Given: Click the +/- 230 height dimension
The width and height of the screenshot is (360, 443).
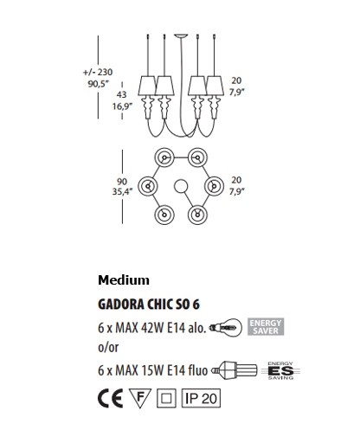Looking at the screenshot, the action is coord(98,72).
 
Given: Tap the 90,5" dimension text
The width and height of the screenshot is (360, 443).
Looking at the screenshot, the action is coord(99,84).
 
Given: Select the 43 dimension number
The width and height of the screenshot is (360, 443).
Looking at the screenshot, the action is coord(122,94).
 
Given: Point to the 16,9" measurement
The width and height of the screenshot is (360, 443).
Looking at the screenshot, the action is coord(122,106).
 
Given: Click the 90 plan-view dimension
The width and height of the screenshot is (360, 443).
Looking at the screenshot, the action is coord(122,182).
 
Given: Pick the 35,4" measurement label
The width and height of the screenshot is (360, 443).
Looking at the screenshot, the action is coord(122,191).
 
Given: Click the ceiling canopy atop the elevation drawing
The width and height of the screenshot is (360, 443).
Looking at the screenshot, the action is coord(181,36).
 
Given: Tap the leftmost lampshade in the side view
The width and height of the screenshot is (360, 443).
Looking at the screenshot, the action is coord(148,86).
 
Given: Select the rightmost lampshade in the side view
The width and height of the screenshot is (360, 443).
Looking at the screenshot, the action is coord(215,86).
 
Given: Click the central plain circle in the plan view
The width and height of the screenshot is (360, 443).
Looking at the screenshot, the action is coord(181,186).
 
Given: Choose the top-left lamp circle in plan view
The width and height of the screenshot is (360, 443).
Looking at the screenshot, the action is coord(164,157).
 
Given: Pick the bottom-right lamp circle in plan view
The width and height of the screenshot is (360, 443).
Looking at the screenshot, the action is coord(197,215).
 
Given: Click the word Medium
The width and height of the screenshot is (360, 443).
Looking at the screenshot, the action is coord(124,280).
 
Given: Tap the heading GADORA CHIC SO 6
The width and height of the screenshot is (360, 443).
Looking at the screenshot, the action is coord(149,305).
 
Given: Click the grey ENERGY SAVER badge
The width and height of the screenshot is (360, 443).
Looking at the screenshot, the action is coord(266,326).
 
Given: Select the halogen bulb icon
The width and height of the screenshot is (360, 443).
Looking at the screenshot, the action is coord(226,327).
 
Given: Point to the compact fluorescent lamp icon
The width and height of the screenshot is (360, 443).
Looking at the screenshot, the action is coord(235,369).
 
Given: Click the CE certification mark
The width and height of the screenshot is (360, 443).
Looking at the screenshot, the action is coord(111,398).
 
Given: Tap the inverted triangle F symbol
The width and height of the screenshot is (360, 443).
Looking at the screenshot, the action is coord(140,397).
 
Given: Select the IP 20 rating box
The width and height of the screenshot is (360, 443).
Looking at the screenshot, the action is coord(201,398).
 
